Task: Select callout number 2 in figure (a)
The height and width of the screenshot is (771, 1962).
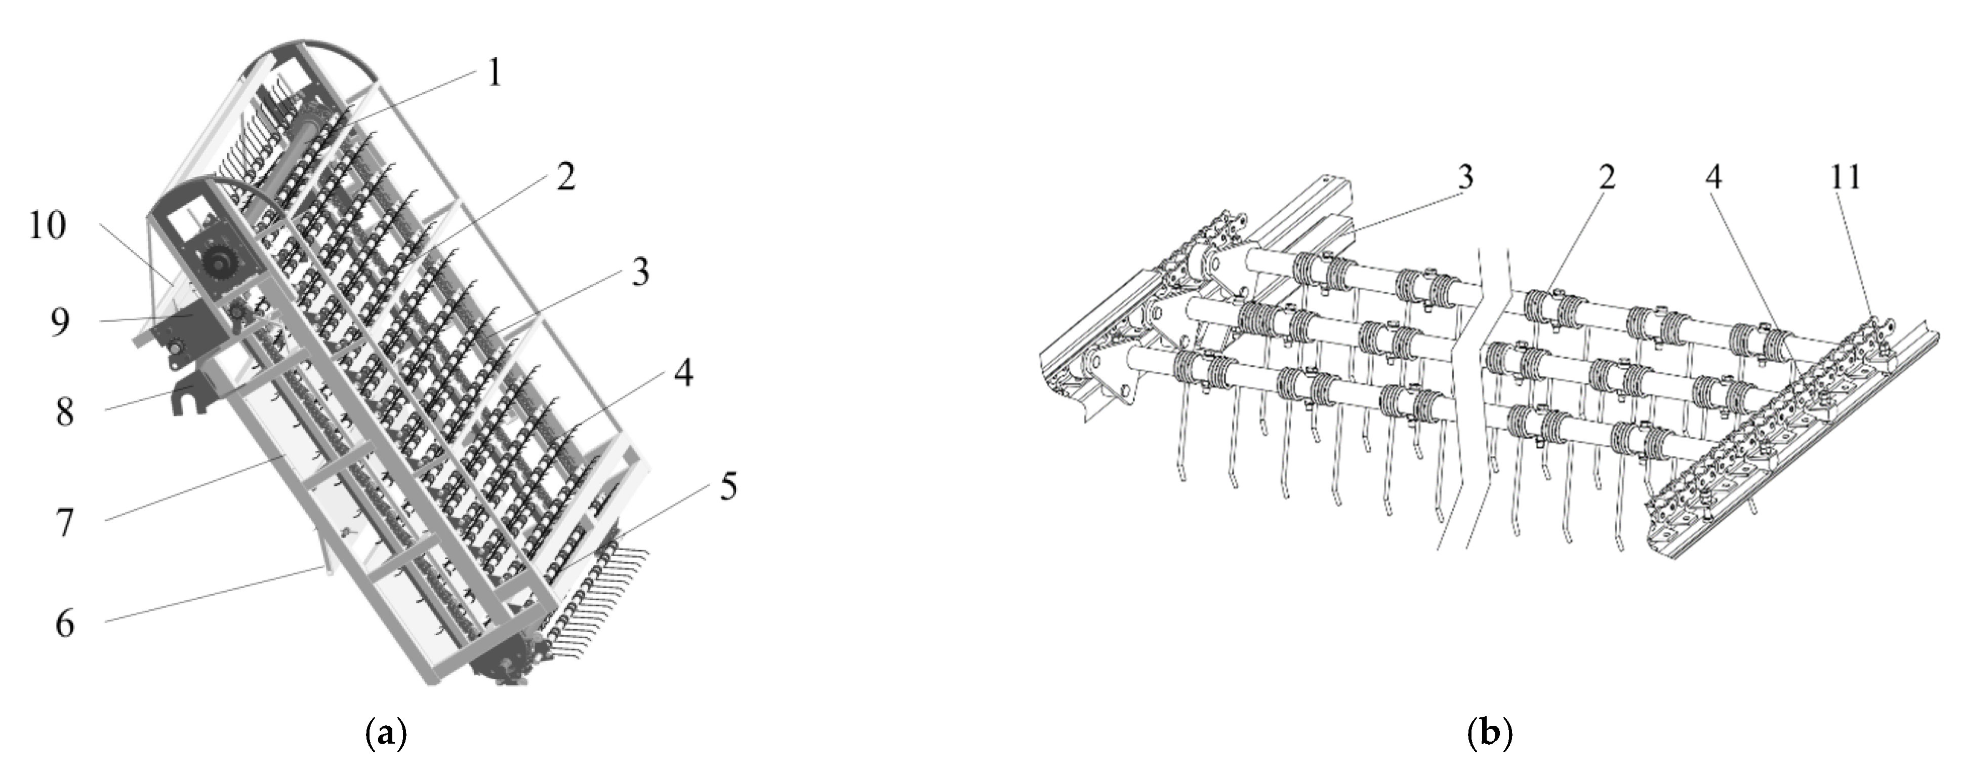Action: [x=565, y=177]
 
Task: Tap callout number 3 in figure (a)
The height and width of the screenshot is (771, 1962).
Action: [x=640, y=272]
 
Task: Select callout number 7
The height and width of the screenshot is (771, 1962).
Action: [x=65, y=523]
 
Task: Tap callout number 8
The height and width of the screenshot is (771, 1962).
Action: [x=65, y=413]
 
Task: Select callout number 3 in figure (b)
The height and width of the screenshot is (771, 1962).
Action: [x=1464, y=177]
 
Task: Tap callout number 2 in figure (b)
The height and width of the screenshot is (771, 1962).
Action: [x=1606, y=177]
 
